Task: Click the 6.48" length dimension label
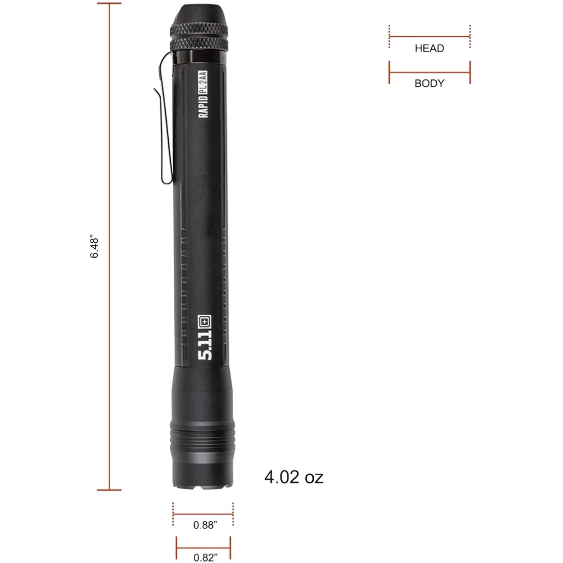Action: (x=95, y=247)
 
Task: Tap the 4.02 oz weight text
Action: (x=294, y=477)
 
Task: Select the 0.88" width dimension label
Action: (x=205, y=525)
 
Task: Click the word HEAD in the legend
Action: (x=429, y=49)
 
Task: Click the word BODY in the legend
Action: (x=429, y=83)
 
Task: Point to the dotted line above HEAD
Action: (x=429, y=36)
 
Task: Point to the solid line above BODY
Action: (x=429, y=72)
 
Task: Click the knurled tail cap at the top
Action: (x=202, y=30)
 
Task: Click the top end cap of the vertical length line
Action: (x=109, y=3)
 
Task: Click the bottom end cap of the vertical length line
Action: (x=109, y=490)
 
